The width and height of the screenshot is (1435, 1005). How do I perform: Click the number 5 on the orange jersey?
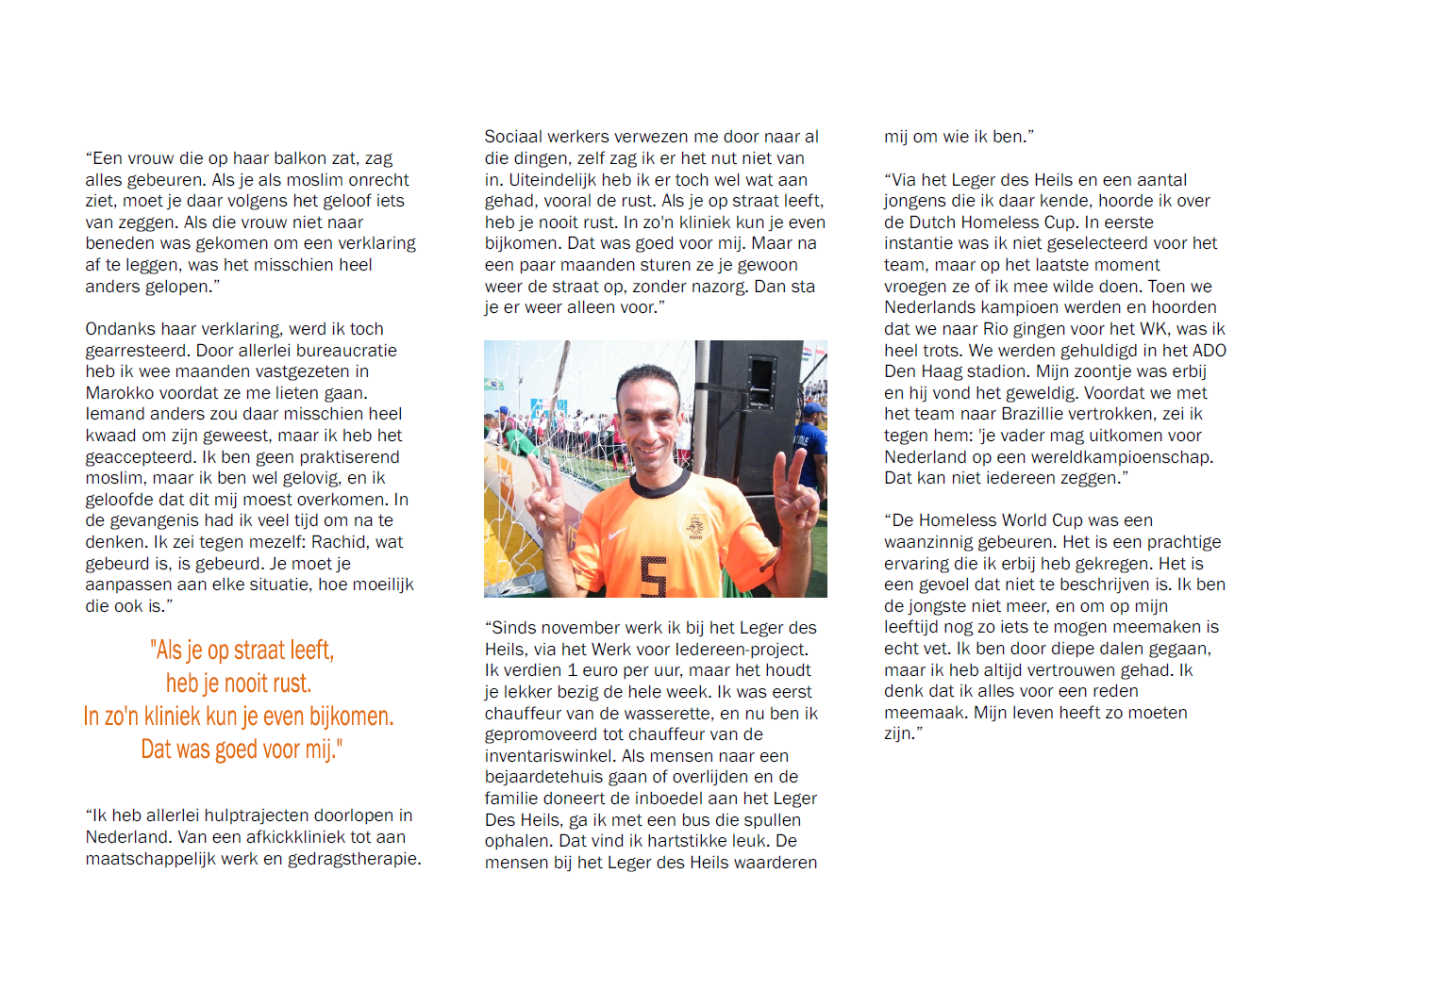coord(653,576)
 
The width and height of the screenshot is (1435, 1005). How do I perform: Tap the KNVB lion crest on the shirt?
coord(695,526)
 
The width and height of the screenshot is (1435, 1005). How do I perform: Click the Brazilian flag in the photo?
coord(493,384)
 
